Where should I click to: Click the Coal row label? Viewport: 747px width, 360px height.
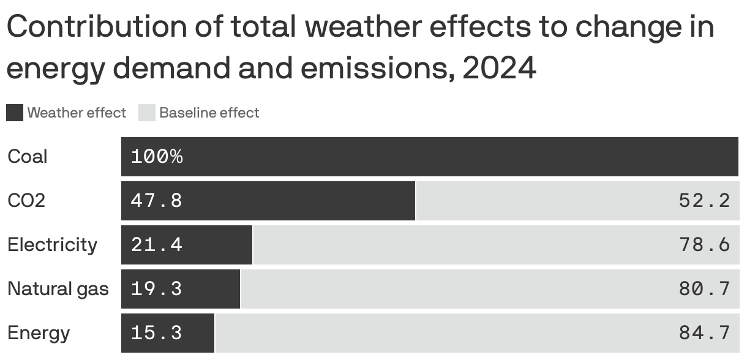coord(27,157)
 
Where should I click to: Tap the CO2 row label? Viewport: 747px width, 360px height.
coord(26,201)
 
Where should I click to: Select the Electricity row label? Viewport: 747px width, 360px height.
coord(52,245)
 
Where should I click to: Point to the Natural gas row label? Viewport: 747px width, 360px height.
coord(58,288)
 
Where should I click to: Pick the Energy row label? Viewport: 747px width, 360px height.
coord(39,333)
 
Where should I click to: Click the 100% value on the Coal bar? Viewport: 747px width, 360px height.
coord(157,157)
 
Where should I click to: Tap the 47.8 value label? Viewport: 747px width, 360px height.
coord(157,201)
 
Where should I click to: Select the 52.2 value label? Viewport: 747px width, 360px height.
coord(704,201)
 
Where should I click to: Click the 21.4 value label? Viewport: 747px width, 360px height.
coord(157,245)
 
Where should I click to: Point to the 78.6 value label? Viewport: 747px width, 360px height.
coord(704,245)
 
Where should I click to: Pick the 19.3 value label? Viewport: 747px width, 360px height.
coord(157,288)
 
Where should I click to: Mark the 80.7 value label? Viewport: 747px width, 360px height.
coord(704,288)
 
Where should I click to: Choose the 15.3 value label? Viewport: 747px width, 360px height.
coord(157,333)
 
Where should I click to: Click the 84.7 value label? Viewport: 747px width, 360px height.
coord(704,333)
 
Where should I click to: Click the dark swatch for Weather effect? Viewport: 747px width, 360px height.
coord(15,113)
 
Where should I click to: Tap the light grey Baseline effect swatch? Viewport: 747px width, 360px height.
coord(147,113)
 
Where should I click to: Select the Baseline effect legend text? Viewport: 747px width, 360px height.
coord(209,113)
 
